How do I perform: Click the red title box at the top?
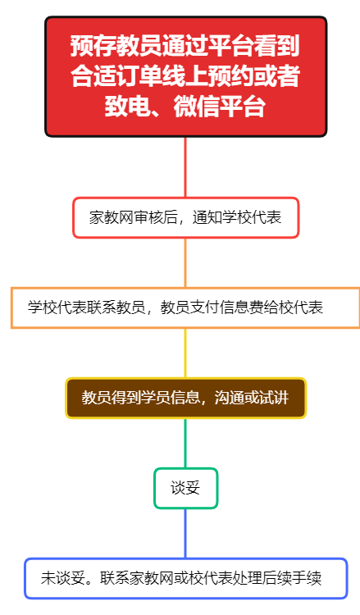click(x=185, y=76)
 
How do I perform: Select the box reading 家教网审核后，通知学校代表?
click(x=185, y=217)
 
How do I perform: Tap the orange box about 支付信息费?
click(x=185, y=307)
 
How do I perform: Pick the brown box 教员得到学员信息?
click(x=185, y=398)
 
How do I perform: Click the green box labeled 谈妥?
click(x=185, y=488)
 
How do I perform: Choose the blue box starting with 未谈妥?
click(x=185, y=578)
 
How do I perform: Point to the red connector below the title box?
click(x=185, y=167)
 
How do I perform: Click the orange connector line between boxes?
click(x=185, y=262)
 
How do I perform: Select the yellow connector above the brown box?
click(x=185, y=353)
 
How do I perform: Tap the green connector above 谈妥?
click(x=185, y=443)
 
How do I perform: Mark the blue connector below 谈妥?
click(x=185, y=534)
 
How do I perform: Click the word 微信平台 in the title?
click(x=220, y=107)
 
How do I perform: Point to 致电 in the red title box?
click(x=128, y=107)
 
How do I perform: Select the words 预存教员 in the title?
click(x=116, y=45)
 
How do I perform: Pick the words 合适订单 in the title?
click(x=116, y=75)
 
